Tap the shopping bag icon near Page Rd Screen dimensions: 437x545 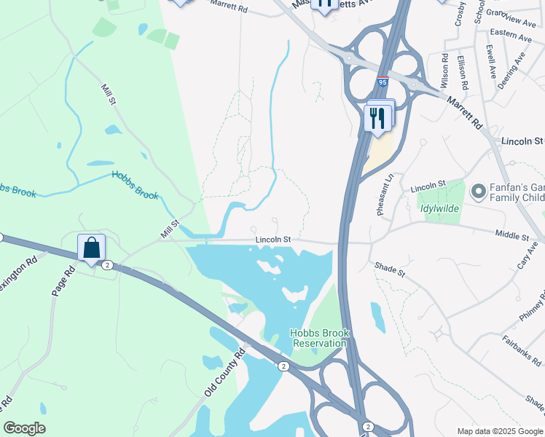[92, 248]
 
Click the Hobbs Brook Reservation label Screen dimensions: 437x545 [320, 338]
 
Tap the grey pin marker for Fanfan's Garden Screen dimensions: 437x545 [478, 192]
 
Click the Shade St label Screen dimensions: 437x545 [390, 269]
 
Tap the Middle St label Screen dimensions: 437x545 [511, 235]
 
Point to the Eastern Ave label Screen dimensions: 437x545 [511, 34]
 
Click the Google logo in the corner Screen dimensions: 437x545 [25, 428]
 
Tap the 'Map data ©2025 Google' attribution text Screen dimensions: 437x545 [499, 431]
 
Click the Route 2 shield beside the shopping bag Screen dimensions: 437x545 [107, 264]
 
